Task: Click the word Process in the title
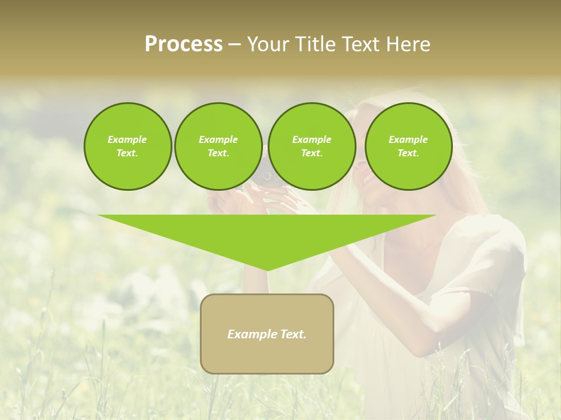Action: point(183,44)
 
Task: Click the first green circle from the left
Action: point(127,146)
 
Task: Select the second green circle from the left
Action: point(218,146)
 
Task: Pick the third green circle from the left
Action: point(311,146)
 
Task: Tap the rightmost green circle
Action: point(408,146)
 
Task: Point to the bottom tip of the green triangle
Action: point(266,269)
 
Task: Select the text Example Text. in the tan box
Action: point(266,334)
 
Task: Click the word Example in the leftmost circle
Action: point(127,139)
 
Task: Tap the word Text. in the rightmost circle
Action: point(408,153)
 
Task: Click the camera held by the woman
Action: point(266,175)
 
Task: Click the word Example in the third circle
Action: point(311,139)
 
